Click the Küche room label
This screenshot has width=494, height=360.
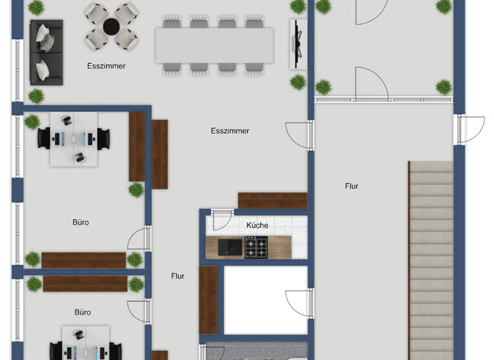257,226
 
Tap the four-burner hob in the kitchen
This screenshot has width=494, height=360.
255,247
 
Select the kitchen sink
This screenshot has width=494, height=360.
228,247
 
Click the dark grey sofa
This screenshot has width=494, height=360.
46,51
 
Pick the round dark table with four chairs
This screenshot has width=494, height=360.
112,26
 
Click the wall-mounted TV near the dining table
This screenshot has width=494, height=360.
296,42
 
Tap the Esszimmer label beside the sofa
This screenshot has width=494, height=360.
106,66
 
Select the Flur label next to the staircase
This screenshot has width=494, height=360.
351,186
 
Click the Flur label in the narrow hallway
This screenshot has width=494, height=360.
178,276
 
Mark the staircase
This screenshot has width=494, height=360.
432,257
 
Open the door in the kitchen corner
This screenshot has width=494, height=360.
223,220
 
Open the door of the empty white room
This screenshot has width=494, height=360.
299,302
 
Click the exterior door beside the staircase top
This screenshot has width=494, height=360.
470,129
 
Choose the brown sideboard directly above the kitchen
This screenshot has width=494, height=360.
272,201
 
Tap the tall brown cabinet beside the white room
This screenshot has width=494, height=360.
208,300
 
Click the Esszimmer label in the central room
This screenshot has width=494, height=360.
230,131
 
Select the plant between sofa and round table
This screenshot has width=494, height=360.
37,8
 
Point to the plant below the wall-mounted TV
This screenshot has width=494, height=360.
298,82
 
